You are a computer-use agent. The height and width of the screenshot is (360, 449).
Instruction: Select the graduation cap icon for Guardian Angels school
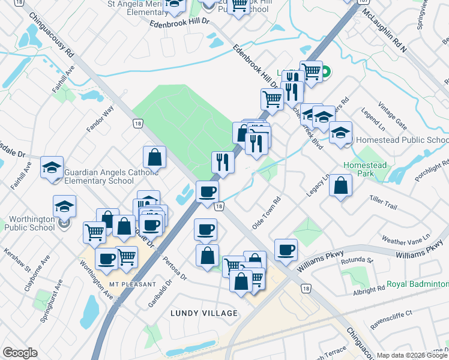coord(52,167)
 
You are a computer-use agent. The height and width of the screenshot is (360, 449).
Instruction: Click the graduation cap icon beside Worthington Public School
coord(64,206)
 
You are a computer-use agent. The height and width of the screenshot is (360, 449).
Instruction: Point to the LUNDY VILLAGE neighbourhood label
coord(204,313)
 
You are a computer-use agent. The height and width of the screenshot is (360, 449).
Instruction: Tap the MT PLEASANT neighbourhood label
coord(133,284)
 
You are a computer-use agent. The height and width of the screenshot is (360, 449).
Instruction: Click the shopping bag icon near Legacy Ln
coord(340,185)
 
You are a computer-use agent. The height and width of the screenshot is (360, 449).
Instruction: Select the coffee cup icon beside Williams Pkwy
coord(286,249)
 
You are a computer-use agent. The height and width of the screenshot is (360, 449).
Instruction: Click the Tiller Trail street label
coord(383,202)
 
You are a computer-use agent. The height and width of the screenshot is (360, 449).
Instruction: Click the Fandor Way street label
coord(100,119)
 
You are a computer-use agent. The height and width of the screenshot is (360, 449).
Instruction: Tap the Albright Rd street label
coord(369,289)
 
